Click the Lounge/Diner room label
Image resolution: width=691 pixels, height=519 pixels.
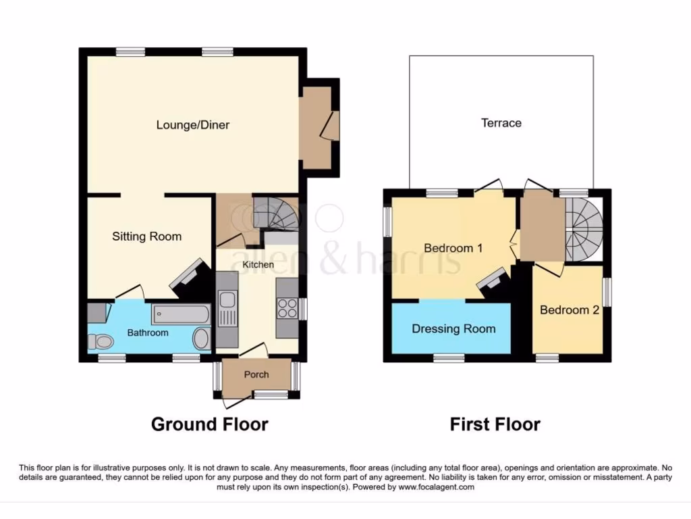pyautogui.click(x=192, y=125)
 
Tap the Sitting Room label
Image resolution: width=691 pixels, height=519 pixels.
pyautogui.click(x=146, y=237)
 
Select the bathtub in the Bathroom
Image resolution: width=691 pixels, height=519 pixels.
pyautogui.click(x=181, y=315)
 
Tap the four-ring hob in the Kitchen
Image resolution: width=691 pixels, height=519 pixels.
pyautogui.click(x=286, y=308)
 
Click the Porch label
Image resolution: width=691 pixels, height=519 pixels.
pyautogui.click(x=256, y=374)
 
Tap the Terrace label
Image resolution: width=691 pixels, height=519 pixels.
pyautogui.click(x=501, y=123)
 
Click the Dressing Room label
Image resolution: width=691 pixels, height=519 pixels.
pyautogui.click(x=453, y=329)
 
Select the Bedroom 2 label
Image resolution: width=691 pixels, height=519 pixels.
pyautogui.click(x=569, y=310)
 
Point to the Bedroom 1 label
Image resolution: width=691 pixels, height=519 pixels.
pyautogui.click(x=453, y=248)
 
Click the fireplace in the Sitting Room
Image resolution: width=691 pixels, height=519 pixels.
pyautogui.click(x=188, y=277)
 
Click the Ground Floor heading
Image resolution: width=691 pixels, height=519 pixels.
pyautogui.click(x=209, y=424)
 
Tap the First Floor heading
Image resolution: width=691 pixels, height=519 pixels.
pyautogui.click(x=495, y=424)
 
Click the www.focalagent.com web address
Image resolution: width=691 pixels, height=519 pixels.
pyautogui.click(x=436, y=487)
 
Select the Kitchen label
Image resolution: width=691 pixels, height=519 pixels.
pyautogui.click(x=258, y=265)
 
